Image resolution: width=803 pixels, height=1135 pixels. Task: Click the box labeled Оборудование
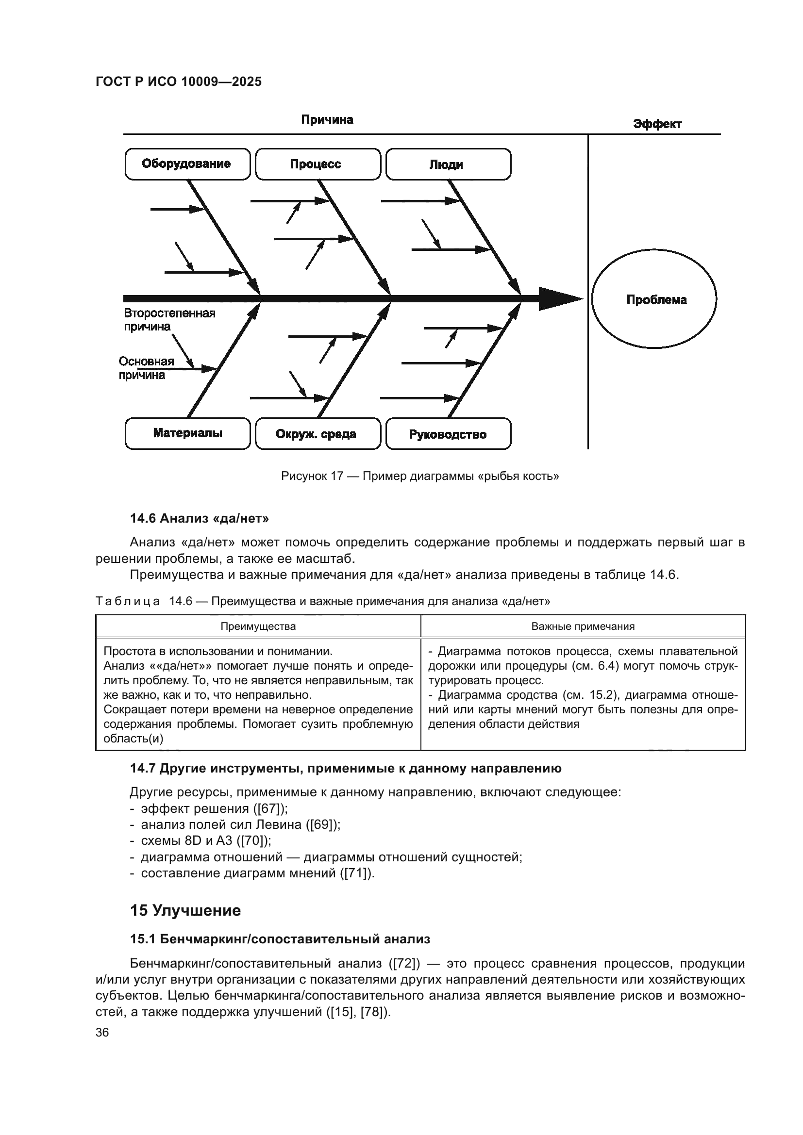click(x=187, y=164)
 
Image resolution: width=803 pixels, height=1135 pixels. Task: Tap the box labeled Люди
click(x=448, y=164)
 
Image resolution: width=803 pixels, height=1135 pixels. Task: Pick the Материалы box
click(x=187, y=433)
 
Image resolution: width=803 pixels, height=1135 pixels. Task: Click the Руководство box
click(x=448, y=434)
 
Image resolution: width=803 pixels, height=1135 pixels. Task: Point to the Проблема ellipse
click(x=653, y=299)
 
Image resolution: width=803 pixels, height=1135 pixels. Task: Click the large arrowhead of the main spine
click(x=559, y=298)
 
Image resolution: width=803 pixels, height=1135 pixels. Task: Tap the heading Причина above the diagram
click(x=327, y=120)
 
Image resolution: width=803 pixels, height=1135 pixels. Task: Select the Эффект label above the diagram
click(x=657, y=124)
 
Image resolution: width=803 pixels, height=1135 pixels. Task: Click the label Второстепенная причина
click(x=168, y=320)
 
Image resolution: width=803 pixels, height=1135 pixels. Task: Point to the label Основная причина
click(x=146, y=368)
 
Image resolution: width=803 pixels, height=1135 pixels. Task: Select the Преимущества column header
click(x=258, y=626)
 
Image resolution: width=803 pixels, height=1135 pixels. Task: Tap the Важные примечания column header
click(x=583, y=626)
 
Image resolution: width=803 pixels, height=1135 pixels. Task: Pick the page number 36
click(x=102, y=1032)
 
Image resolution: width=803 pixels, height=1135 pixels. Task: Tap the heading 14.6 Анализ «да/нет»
click(x=199, y=518)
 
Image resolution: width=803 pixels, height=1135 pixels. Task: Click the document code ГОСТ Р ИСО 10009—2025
click(x=179, y=82)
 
